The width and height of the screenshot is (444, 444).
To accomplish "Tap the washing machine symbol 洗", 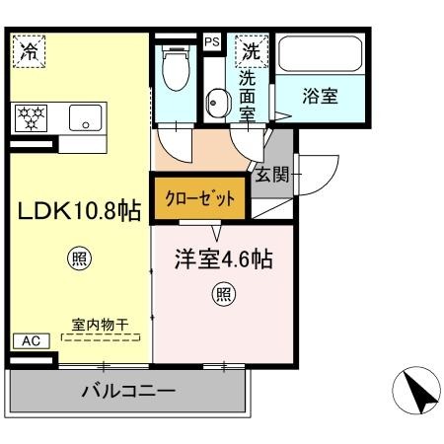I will tap(253, 49).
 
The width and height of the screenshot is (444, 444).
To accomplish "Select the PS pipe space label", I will tap(212, 42).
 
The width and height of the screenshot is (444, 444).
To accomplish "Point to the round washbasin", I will tap(214, 101).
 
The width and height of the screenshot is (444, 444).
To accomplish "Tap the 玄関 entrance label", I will tap(272, 176).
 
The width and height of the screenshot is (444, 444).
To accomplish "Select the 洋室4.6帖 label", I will tap(224, 261).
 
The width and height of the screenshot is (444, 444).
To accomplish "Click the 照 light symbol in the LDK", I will tap(79, 259).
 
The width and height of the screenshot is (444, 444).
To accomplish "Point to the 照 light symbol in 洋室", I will tap(224, 293).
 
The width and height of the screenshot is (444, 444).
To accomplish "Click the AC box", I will tap(31, 340).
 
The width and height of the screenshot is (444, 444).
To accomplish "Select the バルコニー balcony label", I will tap(127, 391).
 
